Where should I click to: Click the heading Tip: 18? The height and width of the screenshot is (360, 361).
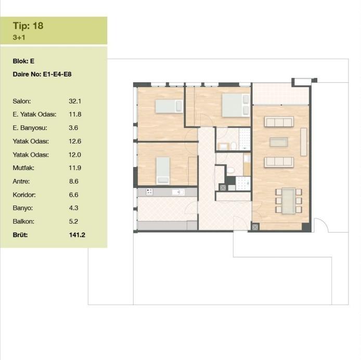click(28, 25)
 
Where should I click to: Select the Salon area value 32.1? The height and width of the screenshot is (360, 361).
click(75, 101)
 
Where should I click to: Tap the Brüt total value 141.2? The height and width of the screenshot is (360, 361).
click(77, 235)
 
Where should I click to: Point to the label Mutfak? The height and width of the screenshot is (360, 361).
click(23, 168)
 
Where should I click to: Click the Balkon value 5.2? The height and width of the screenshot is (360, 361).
click(73, 221)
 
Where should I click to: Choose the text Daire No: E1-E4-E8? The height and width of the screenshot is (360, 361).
click(42, 74)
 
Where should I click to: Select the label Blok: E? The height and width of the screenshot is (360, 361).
click(23, 61)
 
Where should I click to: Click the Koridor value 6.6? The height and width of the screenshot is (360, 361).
click(74, 195)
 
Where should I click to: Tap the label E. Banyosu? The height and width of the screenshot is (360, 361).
click(30, 128)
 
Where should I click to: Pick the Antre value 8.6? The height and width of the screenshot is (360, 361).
click(74, 181)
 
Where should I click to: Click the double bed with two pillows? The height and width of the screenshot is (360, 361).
click(236, 105)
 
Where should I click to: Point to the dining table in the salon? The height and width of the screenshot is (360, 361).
click(289, 201)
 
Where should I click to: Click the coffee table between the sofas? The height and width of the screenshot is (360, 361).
click(279, 142)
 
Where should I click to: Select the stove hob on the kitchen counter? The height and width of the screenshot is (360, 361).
click(149, 192)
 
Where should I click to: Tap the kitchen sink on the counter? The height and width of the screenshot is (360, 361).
click(178, 192)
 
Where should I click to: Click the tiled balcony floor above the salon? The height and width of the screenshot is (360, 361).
click(281, 94)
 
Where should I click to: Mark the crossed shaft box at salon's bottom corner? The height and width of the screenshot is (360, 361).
click(255, 227)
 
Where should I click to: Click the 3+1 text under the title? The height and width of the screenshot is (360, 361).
click(19, 37)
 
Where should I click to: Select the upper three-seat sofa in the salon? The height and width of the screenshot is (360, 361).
click(279, 122)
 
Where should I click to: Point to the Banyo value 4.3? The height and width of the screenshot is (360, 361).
click(74, 208)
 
